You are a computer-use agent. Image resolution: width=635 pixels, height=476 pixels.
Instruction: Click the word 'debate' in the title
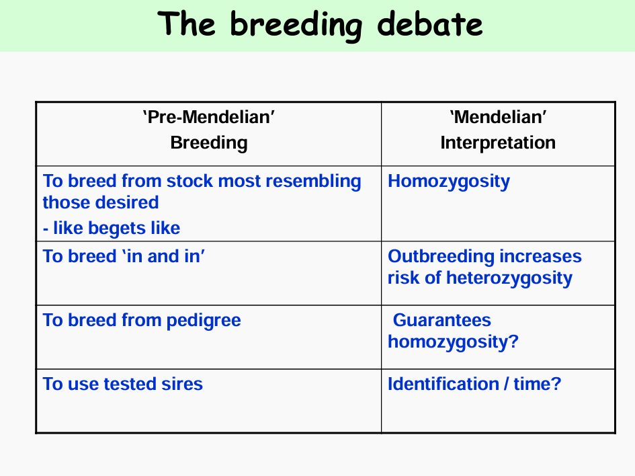429,24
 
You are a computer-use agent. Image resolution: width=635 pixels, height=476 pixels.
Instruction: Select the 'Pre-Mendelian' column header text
208,117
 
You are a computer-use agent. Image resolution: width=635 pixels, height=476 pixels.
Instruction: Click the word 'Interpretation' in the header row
498,143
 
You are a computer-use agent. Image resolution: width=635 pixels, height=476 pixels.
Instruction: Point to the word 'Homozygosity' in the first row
449,182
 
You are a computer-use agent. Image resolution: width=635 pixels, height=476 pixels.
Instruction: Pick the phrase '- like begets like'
112,228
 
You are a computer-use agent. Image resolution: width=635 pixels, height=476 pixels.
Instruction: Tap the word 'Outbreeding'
441,257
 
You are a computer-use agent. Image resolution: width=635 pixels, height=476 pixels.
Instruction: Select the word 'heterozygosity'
509,278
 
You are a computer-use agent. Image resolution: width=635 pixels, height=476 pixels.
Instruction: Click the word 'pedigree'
204,321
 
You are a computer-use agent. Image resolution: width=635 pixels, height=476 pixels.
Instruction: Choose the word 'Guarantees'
442,320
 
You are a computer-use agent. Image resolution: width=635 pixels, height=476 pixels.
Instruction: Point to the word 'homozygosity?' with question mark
453,342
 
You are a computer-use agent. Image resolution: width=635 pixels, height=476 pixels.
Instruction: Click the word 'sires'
182,384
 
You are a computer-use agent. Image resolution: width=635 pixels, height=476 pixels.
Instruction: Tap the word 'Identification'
443,384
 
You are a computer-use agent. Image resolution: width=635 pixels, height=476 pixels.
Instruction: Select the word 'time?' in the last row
538,384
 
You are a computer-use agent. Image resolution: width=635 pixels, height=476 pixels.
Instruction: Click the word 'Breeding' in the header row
209,143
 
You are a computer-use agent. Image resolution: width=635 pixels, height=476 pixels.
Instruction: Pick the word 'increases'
541,257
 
